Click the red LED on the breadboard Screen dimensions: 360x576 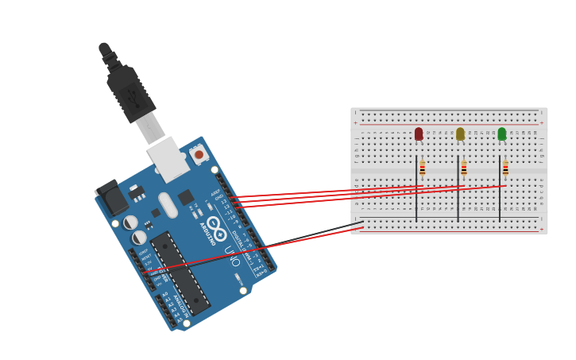[x=419, y=134]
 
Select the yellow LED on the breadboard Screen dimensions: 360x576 [x=460, y=134]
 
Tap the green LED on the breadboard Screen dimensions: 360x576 [x=501, y=134]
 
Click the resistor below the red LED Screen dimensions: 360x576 [x=423, y=168]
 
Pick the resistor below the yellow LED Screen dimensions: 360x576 [x=464, y=168]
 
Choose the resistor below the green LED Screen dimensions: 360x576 [x=505, y=168]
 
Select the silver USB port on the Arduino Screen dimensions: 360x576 [x=168, y=159]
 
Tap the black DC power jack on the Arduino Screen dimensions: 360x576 [x=112, y=199]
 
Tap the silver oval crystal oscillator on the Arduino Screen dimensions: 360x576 [x=168, y=205]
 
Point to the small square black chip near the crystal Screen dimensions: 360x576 [x=186, y=197]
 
